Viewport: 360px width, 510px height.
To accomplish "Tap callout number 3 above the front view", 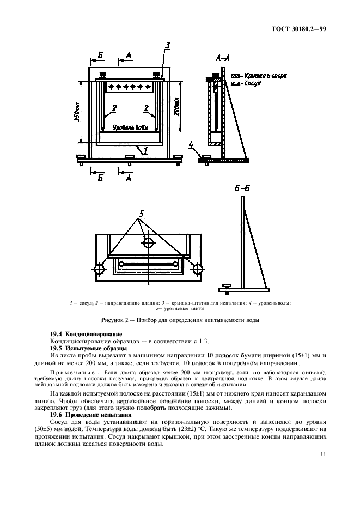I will click(168, 45).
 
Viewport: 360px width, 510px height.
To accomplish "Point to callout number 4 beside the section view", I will click(191, 144).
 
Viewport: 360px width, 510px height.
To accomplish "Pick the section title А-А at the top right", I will click(222, 56).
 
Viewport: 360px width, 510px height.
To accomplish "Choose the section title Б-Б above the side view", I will click(242, 189).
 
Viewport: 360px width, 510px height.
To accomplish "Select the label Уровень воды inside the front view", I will click(129, 128).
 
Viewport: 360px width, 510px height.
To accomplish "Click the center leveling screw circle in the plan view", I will click(147, 242).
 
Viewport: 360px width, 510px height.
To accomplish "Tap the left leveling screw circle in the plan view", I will click(100, 270).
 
